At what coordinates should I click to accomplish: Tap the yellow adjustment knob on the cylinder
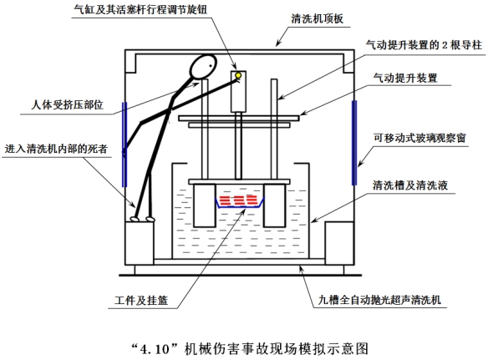(x=238, y=76)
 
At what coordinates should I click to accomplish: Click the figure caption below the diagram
(x=246, y=344)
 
